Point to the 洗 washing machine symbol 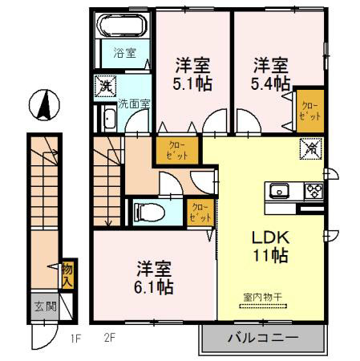tap(104, 84)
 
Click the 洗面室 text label tap(133, 103)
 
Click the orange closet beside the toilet tap(199, 211)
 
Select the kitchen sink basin tap(281, 191)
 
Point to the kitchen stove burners tap(312, 191)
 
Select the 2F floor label tap(109, 338)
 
